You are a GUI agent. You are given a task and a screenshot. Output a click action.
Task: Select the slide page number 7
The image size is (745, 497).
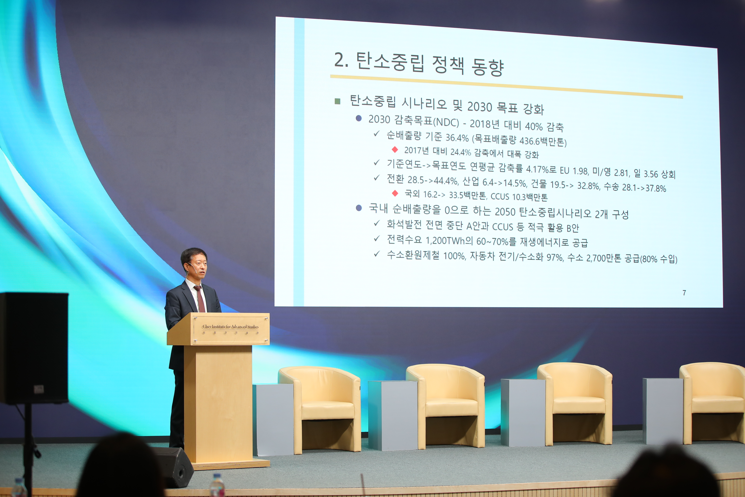[x=684, y=293]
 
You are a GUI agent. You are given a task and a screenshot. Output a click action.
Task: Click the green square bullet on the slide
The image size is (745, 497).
[x=338, y=101]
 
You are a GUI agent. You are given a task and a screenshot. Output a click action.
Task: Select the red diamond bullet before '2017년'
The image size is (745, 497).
[x=395, y=149]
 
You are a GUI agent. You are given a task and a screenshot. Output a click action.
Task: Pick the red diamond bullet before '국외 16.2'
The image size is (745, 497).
[x=395, y=193]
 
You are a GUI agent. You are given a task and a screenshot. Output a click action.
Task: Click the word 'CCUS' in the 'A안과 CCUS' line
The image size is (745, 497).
[x=502, y=226]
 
